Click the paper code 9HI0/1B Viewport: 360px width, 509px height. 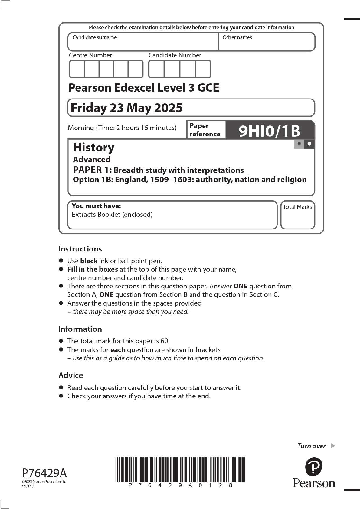coord(269,131)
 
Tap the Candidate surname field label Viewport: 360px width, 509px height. coord(94,37)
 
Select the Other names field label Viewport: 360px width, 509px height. coord(237,37)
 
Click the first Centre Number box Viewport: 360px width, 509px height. coord(77,69)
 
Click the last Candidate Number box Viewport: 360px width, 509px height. coord(203,69)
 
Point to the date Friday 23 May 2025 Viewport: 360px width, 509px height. coord(126,108)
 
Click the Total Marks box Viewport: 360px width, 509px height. coord(297,215)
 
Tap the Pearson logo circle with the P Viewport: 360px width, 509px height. coord(314,466)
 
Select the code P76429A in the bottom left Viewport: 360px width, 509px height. coord(44,473)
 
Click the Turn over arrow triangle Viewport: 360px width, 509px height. coord(333,446)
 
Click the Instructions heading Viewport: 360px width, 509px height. coord(80,249)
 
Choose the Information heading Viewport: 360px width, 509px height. coord(80,329)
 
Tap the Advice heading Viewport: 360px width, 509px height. coord(70,375)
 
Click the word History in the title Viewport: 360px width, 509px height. coord(93,148)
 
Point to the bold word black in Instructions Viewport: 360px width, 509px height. coord(89,261)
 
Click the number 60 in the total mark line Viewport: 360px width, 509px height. coord(164,341)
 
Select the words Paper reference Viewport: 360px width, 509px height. coord(205,130)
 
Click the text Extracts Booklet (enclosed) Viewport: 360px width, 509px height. coord(112,215)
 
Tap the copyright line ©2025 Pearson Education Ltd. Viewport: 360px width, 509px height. coord(44,481)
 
